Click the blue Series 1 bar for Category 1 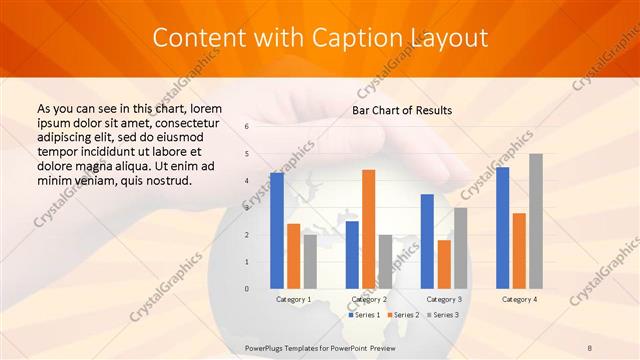point(277,230)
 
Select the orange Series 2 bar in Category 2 point(368,229)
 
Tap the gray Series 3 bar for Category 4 point(536,221)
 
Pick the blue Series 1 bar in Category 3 point(427,241)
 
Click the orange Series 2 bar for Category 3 point(444,264)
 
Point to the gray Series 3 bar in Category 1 point(310,261)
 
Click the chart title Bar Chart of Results point(402,110)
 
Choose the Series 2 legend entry point(402,315)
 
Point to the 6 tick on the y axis point(247,127)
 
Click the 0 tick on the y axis point(247,289)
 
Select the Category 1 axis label point(293,299)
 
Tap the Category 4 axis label point(519,299)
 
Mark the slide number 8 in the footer point(590,346)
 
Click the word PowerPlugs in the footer point(266,346)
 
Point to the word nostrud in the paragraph point(164,180)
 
